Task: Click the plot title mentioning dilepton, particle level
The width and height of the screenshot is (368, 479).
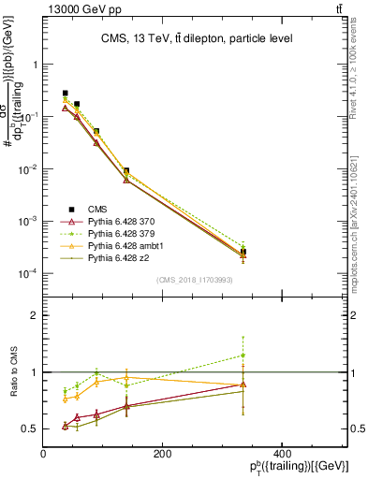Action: pyautogui.click(x=197, y=38)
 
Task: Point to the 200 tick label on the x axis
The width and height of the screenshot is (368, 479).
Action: pyautogui.click(x=162, y=454)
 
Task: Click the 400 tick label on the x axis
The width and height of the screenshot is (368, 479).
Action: pyautogui.click(x=281, y=454)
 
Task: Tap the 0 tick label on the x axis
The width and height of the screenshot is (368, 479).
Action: pyautogui.click(x=44, y=454)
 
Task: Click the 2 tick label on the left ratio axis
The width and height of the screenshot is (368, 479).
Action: pyautogui.click(x=35, y=315)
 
